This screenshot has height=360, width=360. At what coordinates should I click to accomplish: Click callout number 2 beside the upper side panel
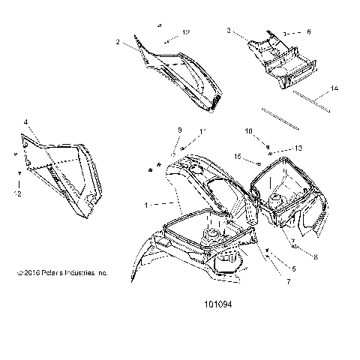[x=118, y=43]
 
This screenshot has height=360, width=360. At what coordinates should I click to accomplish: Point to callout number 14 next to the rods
[x=334, y=89]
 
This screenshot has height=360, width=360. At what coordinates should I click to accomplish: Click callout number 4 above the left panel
[x=25, y=121]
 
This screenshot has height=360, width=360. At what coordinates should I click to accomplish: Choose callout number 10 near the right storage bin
[x=247, y=130]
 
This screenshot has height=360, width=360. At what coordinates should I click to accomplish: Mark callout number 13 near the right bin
[x=277, y=148]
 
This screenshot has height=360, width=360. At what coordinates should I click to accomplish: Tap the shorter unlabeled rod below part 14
[x=281, y=120]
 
